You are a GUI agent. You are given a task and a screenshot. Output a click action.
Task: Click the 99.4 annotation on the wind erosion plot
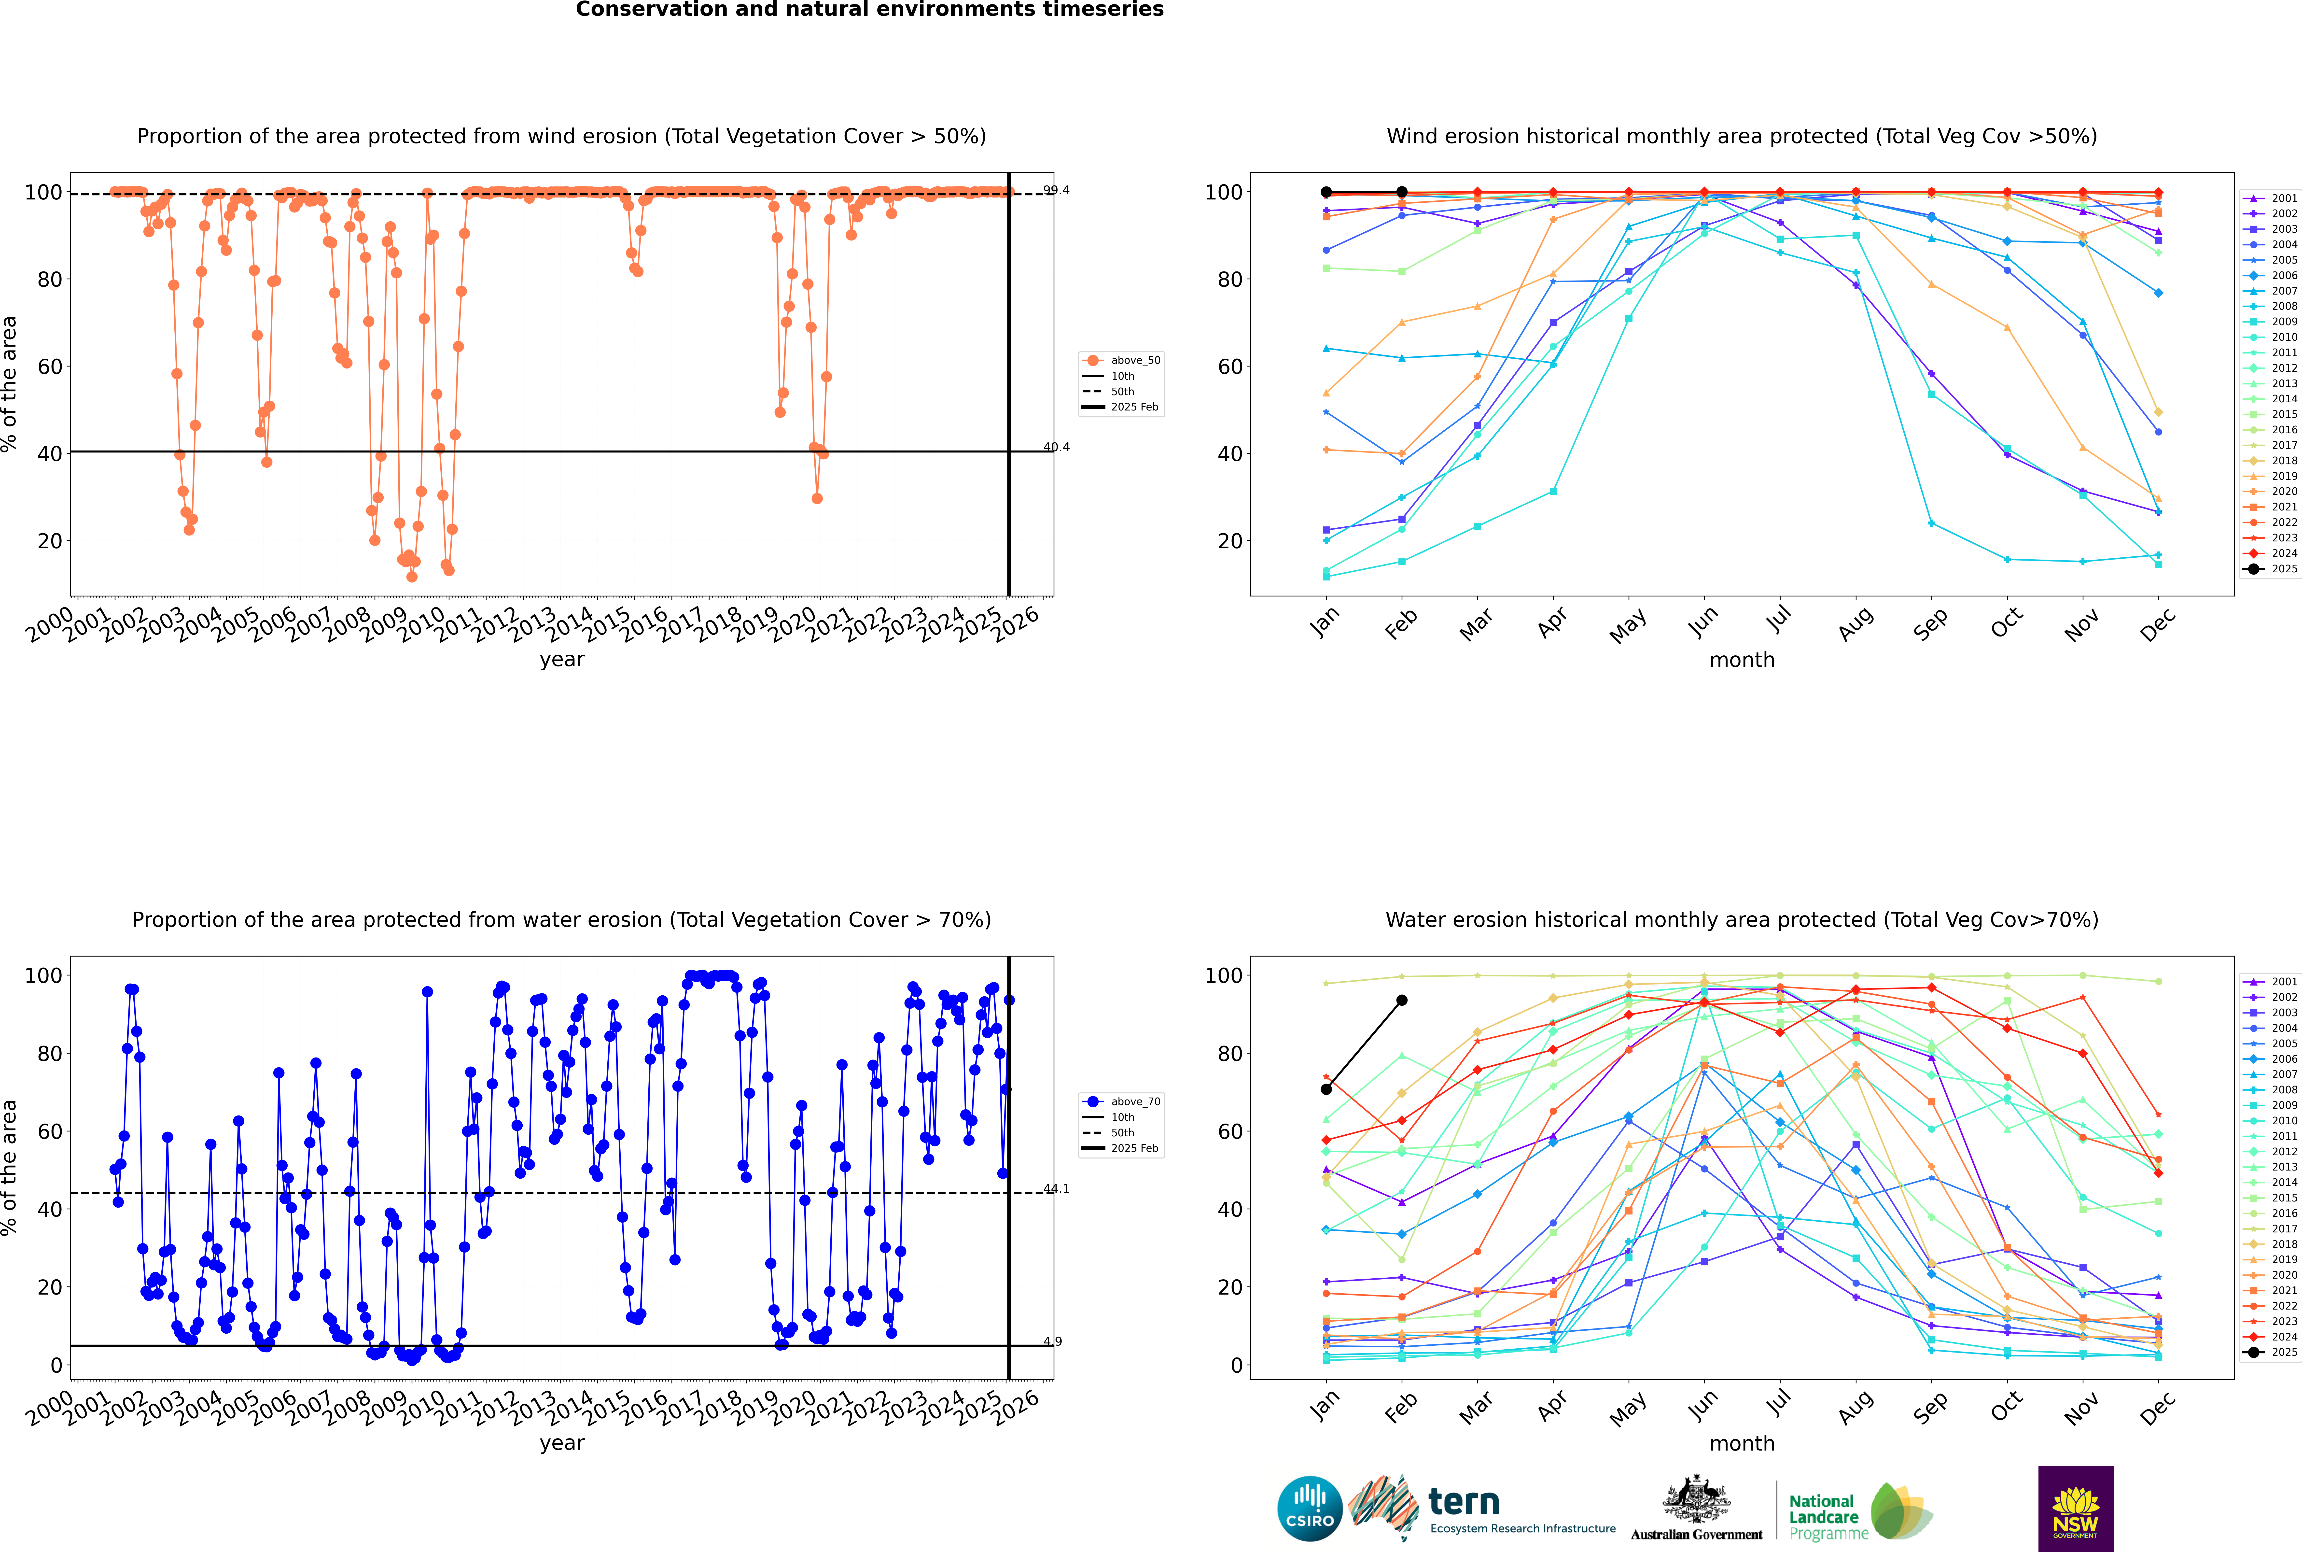tap(1056, 190)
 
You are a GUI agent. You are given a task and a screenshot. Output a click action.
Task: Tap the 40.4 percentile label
tap(1056, 447)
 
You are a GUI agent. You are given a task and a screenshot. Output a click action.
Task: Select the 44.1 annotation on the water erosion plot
tap(1056, 1189)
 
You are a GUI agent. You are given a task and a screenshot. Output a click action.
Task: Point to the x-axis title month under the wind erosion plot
tap(1742, 660)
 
